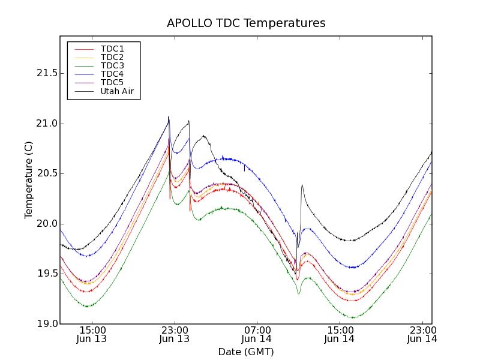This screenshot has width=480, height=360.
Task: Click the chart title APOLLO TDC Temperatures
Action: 246,23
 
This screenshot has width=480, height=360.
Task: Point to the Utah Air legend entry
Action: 116,91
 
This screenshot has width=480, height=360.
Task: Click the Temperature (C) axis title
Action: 29,180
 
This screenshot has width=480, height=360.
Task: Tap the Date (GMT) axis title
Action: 246,352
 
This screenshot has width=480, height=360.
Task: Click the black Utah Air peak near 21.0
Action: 169,117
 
